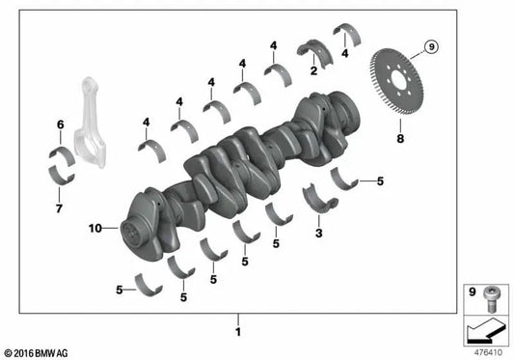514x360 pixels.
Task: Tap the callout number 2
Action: [312, 70]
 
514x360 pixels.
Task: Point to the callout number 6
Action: [60, 125]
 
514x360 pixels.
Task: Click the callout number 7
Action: [60, 208]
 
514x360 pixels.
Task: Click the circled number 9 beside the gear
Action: [430, 45]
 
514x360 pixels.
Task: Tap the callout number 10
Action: [95, 229]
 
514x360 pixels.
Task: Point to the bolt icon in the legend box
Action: [489, 295]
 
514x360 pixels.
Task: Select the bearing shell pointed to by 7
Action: [63, 177]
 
